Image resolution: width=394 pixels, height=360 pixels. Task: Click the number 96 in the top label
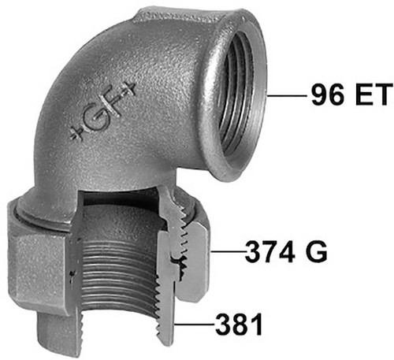(328, 95)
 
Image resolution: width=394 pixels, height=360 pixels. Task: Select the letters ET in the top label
(374, 95)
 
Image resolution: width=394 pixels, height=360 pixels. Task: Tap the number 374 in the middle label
(269, 252)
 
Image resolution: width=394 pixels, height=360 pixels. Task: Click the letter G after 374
(316, 252)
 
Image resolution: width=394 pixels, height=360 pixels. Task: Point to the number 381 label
(239, 325)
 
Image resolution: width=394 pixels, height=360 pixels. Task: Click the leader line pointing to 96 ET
(287, 95)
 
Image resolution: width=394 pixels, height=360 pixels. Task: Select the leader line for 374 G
(229, 251)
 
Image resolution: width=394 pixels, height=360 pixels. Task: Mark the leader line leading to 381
(195, 325)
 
